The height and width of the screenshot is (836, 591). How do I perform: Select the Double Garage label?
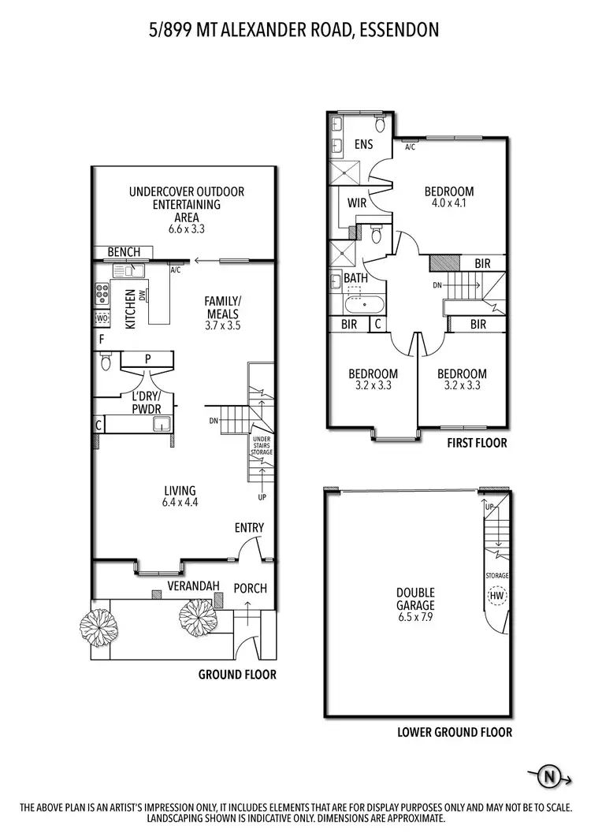(415, 599)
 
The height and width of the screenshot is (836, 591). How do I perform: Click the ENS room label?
(363, 144)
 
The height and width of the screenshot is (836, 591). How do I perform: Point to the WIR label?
(357, 202)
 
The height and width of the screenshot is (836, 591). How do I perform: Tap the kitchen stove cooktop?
(102, 294)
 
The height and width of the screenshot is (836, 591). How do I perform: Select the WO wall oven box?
(102, 318)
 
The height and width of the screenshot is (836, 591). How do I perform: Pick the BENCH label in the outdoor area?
(124, 252)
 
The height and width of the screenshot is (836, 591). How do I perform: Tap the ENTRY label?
(249, 528)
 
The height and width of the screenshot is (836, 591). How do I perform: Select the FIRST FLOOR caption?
(477, 444)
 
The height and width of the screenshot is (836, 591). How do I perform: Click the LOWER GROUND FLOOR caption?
(455, 732)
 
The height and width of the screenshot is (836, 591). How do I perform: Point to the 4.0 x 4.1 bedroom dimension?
(448, 202)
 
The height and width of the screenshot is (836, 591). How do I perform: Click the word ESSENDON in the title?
(399, 30)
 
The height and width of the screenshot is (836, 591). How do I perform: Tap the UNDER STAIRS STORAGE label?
(262, 446)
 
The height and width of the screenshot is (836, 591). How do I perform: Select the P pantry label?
(148, 359)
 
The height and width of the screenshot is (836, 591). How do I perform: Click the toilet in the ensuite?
(380, 124)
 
